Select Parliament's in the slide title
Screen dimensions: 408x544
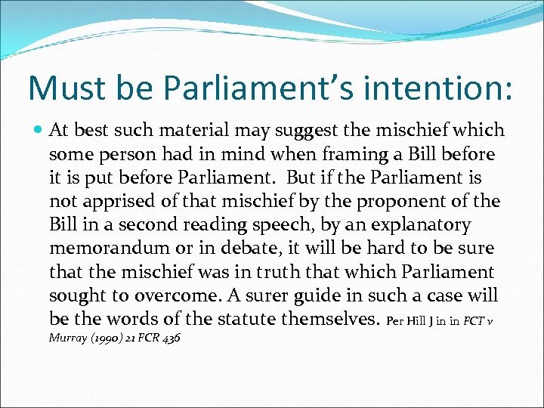coord(251,88)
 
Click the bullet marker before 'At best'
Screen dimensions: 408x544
coord(38,131)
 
